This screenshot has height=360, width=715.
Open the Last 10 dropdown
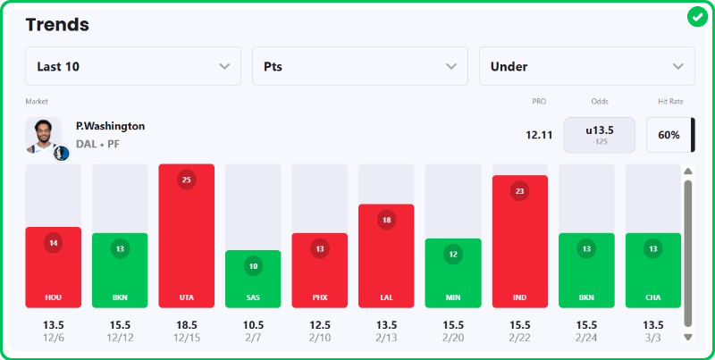(x=133, y=66)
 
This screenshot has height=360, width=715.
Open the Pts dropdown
(x=360, y=66)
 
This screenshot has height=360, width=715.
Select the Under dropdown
(x=587, y=66)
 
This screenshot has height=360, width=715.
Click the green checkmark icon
(x=697, y=17)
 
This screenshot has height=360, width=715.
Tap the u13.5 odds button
(x=599, y=135)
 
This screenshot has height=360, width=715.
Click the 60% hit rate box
(x=669, y=135)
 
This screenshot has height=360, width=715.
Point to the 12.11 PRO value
(x=539, y=135)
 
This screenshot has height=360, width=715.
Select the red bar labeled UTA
(x=187, y=236)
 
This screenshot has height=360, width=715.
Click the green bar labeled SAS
(x=253, y=279)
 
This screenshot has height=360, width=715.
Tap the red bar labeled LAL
(x=386, y=255)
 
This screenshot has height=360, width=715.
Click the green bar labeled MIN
(x=453, y=272)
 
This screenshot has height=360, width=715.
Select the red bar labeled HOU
(x=54, y=267)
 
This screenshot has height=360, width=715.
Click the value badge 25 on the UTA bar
(x=187, y=180)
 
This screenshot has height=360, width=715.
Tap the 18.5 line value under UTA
(x=187, y=324)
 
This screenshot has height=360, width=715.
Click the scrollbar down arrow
(x=687, y=337)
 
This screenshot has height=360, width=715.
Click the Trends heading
(x=57, y=25)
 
